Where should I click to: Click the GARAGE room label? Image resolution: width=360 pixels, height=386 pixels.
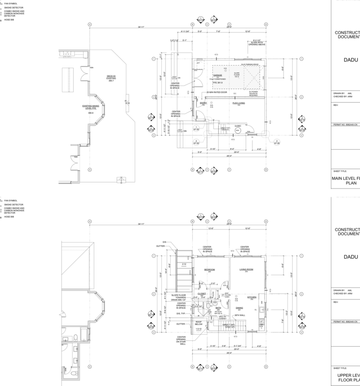217,75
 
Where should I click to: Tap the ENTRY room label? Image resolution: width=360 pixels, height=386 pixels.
203,103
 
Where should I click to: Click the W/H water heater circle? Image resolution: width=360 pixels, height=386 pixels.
238,131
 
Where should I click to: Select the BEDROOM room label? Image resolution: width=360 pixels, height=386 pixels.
210,270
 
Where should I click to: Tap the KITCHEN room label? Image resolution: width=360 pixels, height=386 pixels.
252,297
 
